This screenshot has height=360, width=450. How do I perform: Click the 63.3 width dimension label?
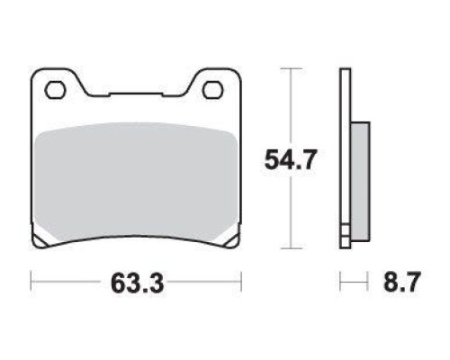tap(137, 283)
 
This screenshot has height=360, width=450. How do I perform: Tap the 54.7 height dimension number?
tap(291, 159)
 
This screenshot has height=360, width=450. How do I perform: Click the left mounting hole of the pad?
tap(55, 89)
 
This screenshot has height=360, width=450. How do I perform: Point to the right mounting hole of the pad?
tap(213, 90)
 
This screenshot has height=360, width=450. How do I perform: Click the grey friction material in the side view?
tap(360, 181)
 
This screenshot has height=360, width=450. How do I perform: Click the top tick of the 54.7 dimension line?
tap(291, 68)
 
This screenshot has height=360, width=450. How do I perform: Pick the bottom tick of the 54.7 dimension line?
tap(291, 248)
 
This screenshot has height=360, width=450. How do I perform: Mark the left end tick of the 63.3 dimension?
tap(31, 281)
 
